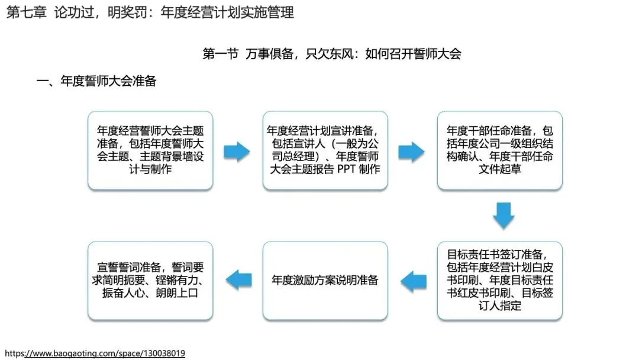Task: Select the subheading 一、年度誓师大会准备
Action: tap(96, 82)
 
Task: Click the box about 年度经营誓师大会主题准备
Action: tap(150, 150)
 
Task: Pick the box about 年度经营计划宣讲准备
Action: tap(325, 150)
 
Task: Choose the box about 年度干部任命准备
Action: tap(500, 150)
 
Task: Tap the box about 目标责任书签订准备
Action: tap(500, 280)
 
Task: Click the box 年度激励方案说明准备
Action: tap(325, 280)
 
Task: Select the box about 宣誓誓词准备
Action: tap(150, 280)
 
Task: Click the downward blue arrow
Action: tap(504, 216)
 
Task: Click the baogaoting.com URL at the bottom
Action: tap(95, 353)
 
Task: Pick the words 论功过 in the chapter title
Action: tap(72, 12)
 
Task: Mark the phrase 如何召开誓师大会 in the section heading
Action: tap(413, 54)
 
